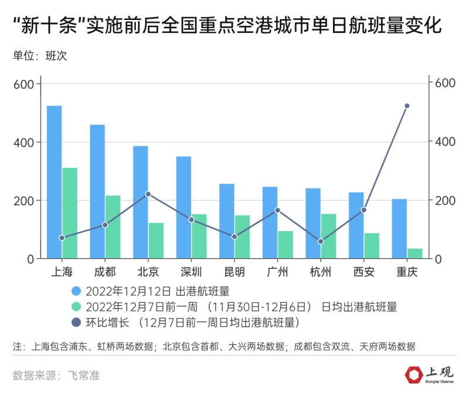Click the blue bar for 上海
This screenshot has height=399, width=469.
[54, 182]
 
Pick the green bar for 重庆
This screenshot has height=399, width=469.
[414, 253]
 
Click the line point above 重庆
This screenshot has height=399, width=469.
[407, 106]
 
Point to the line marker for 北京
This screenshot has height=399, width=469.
[148, 194]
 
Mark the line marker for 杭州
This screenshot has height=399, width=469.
[321, 241]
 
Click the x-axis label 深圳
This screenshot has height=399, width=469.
[191, 272]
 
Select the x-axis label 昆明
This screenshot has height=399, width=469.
[235, 272]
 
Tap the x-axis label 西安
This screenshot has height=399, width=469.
[363, 272]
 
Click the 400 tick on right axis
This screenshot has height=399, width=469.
[444, 141]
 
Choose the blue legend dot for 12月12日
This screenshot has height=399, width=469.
[76, 291]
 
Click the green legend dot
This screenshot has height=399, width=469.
[76, 307]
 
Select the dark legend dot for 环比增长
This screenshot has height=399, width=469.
[76, 322]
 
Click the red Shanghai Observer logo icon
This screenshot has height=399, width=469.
[413, 374]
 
